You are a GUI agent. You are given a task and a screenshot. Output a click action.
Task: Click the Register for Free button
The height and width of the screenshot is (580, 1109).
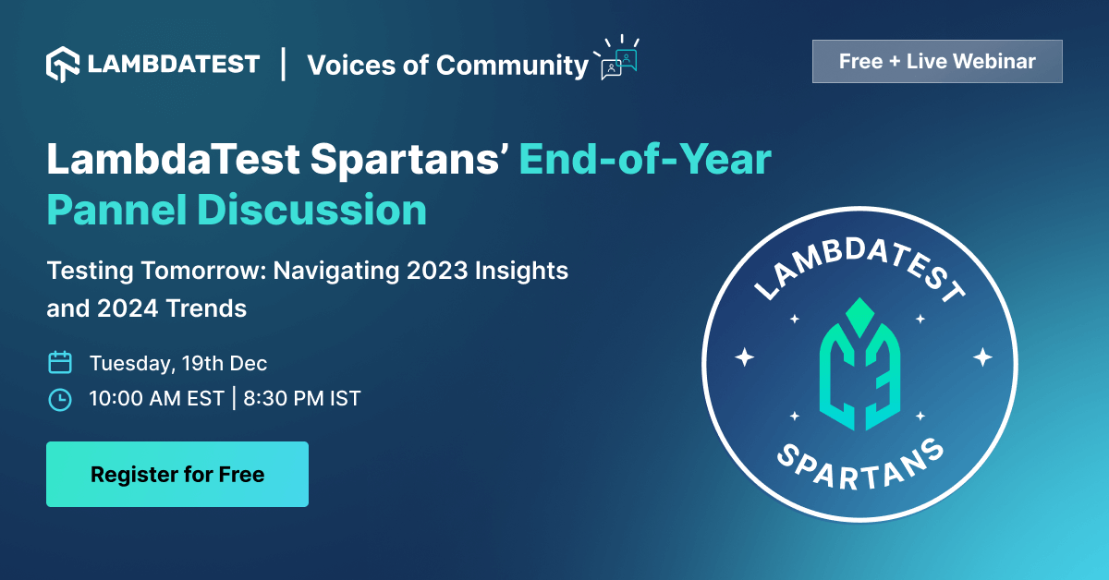click(177, 475)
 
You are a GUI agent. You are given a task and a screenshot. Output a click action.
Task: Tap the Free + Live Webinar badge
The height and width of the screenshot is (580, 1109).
click(937, 62)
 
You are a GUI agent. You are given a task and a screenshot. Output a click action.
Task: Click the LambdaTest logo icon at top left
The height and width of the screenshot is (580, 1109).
click(63, 64)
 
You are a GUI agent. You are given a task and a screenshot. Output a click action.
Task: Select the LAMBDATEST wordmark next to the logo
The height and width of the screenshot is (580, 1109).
click(174, 65)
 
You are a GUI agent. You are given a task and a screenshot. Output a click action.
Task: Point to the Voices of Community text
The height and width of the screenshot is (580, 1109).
click(447, 66)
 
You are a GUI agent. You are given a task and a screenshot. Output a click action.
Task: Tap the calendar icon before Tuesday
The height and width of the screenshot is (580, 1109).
click(60, 362)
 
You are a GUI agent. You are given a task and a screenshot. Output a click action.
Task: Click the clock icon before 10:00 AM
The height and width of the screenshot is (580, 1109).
click(59, 399)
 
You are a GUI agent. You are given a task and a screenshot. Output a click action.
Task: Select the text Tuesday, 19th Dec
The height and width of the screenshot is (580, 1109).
click(178, 363)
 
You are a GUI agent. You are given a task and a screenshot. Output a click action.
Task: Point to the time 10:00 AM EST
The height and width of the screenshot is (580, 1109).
click(156, 399)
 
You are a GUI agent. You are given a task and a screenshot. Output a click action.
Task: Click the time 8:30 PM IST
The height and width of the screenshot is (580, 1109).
click(302, 399)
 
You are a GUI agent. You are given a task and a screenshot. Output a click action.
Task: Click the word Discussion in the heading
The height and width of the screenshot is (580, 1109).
click(311, 210)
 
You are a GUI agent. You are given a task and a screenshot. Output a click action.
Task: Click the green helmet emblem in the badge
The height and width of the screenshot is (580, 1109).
click(860, 365)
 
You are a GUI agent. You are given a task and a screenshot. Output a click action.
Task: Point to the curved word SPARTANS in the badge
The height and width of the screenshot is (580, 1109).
click(860, 467)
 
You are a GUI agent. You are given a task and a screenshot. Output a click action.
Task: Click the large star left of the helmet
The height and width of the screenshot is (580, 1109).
click(744, 356)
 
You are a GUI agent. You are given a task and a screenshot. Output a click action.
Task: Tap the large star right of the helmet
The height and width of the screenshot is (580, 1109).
click(982, 356)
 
